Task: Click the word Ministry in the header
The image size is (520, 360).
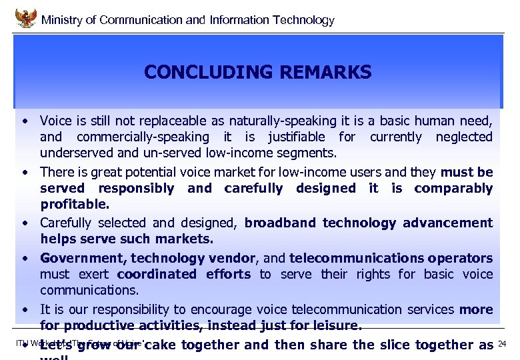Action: [63, 20]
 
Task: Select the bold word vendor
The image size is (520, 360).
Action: [231, 258]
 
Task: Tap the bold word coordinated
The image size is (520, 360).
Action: [156, 274]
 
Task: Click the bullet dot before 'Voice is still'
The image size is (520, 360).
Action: [24, 121]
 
